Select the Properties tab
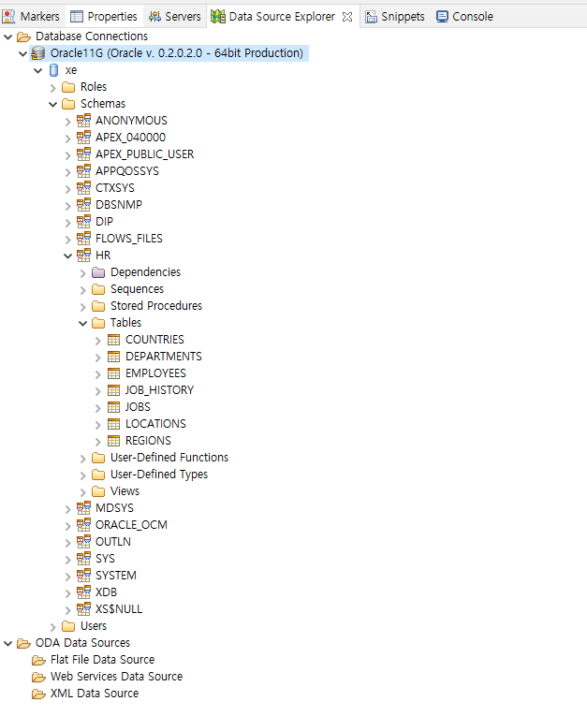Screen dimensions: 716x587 111,17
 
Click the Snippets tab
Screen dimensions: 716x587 402,17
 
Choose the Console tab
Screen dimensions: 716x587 472,17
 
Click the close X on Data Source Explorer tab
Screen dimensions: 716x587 346,17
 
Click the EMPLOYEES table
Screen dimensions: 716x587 155,373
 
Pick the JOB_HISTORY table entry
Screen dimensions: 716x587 159,390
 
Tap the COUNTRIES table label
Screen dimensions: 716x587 154,340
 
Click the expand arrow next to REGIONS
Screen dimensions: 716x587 98,441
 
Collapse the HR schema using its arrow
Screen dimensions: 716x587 68,256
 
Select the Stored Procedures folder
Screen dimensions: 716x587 155,306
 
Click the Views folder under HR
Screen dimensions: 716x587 125,491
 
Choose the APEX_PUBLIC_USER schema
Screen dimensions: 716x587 144,154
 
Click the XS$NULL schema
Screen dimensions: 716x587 119,609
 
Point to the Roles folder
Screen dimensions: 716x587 93,87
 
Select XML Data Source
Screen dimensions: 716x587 94,694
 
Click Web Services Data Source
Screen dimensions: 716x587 116,677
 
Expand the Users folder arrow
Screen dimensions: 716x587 53,626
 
